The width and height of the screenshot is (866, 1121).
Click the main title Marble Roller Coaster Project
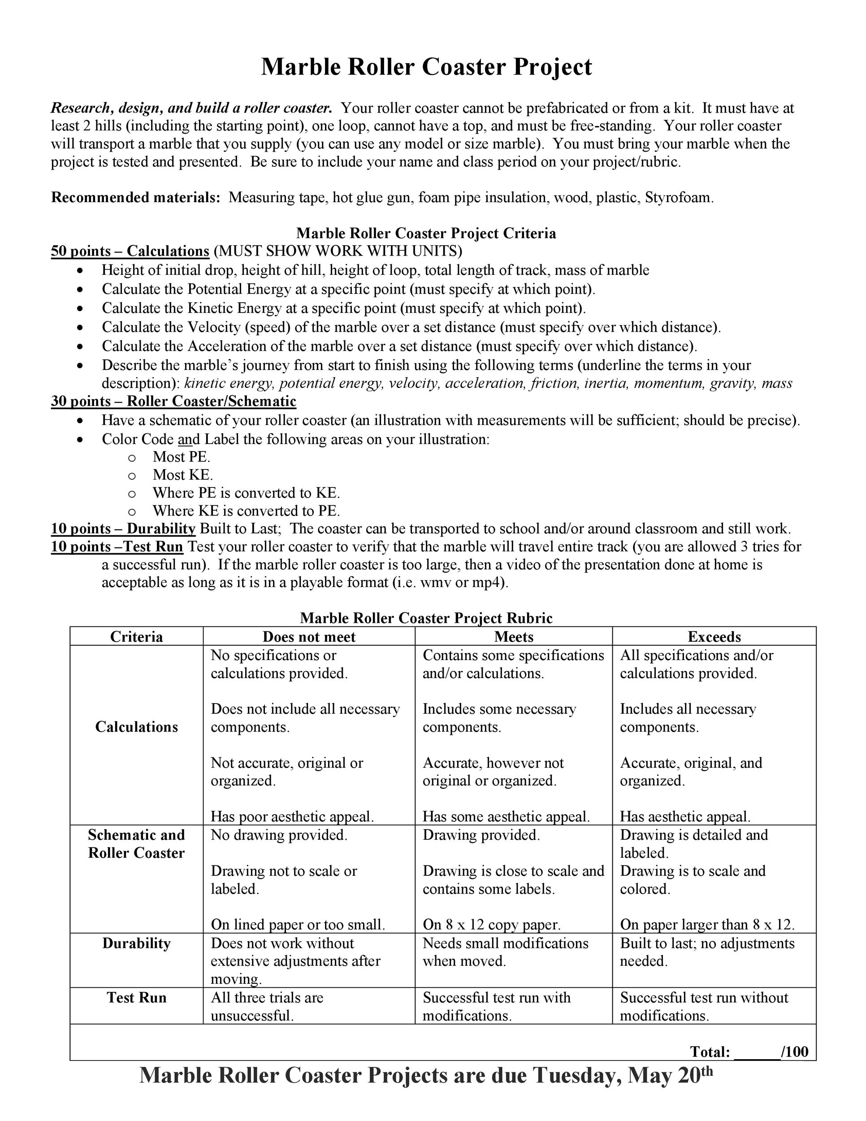point(426,67)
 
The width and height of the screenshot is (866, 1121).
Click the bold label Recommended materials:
point(135,198)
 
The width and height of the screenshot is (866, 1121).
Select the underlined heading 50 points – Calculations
point(130,251)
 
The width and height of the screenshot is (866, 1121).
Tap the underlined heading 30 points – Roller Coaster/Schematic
point(173,401)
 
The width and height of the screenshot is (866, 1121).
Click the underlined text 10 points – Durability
point(123,529)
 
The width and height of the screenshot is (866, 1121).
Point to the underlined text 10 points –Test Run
point(117,547)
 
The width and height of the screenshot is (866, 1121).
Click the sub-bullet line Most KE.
point(182,475)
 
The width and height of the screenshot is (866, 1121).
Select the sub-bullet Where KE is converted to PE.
point(246,511)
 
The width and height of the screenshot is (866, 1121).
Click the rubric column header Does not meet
point(309,637)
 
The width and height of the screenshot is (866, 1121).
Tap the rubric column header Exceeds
point(714,637)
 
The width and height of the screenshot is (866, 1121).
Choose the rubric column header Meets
point(514,637)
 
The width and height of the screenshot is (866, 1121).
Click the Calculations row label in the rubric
point(136,727)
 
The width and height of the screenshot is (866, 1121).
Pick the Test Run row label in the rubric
point(136,997)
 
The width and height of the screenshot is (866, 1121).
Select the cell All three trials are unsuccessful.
point(267,1006)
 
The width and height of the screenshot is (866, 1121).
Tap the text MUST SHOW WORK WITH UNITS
point(338,251)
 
